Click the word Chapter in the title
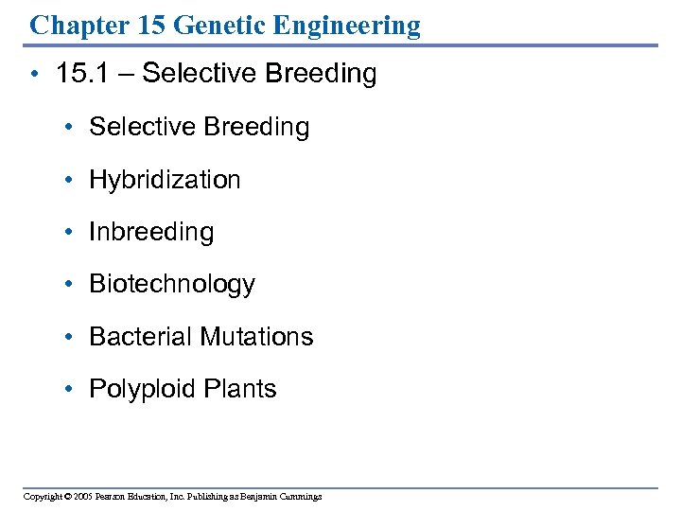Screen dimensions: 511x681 (79, 25)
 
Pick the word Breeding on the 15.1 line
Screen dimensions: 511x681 (323, 74)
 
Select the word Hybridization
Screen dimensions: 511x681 (165, 180)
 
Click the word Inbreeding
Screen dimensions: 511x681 (151, 232)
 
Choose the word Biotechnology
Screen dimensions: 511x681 (172, 285)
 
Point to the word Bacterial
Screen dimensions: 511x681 (136, 337)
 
